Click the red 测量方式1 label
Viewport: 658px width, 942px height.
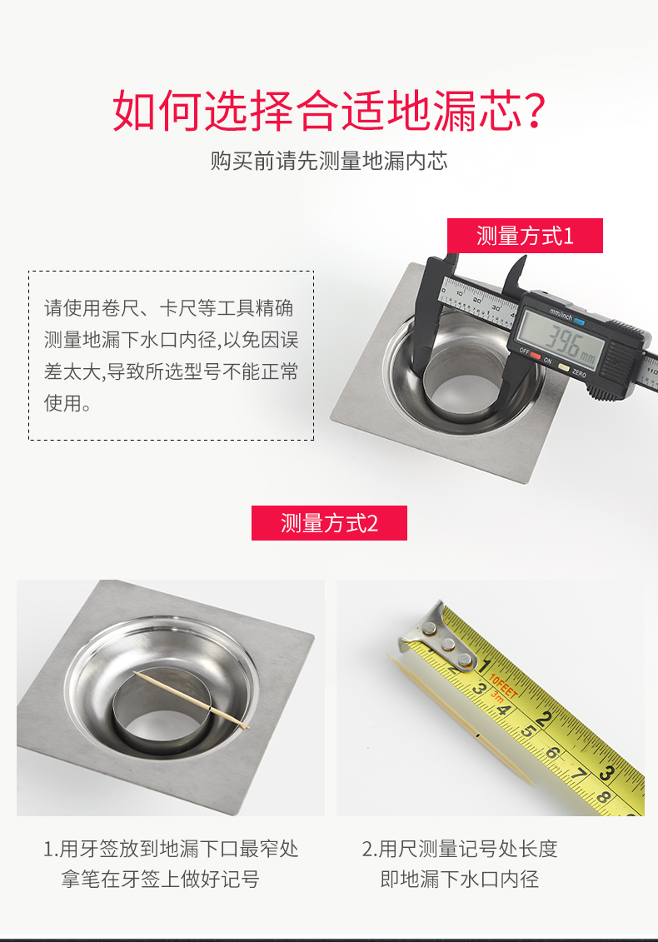tap(525, 236)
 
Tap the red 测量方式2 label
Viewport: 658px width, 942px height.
tap(329, 523)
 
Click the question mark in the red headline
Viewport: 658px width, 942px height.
tap(531, 110)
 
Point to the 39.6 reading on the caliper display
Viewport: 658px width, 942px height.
tap(563, 342)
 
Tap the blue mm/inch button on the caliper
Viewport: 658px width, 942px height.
tap(578, 321)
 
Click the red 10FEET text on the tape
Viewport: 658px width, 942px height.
tap(503, 686)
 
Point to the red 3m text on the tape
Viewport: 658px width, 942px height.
tap(497, 695)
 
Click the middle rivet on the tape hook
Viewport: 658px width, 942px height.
tap(447, 645)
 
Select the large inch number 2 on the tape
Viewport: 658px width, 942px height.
tap(545, 719)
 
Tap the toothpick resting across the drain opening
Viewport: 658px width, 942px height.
tap(191, 700)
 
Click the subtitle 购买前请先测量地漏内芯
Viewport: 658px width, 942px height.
tap(329, 161)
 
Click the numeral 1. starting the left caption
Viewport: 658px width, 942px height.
tap(51, 850)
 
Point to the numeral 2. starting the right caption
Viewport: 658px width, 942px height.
tap(369, 850)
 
